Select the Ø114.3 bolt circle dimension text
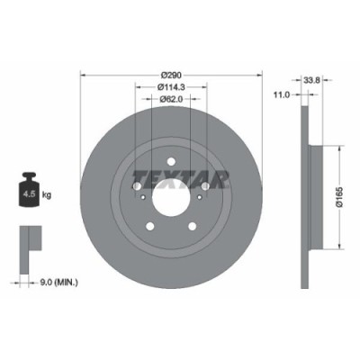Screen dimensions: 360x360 coord(171,86)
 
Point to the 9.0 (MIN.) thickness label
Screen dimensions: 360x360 coord(60,283)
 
